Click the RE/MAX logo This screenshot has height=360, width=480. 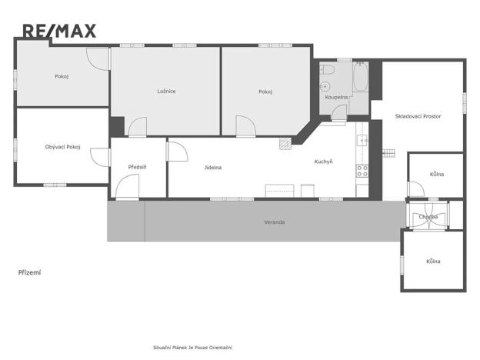(59, 31)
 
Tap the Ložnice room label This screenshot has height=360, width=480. (166, 92)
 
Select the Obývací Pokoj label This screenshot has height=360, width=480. (62, 147)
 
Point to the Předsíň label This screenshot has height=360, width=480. (137, 167)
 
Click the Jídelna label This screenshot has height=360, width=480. (213, 167)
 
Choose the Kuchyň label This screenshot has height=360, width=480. (323, 162)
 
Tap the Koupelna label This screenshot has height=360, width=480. (336, 98)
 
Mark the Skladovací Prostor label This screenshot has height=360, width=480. (418, 115)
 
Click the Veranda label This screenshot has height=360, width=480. (275, 222)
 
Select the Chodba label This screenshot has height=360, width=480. (428, 217)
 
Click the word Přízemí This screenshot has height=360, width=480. (29, 272)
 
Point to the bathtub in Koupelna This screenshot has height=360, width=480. (360, 79)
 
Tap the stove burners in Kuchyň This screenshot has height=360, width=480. (362, 171)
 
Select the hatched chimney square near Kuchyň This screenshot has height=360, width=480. (286, 142)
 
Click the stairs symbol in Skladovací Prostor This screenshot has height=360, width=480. (388, 152)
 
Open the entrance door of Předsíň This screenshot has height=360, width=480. (128, 188)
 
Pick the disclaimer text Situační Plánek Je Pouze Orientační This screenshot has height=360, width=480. (192, 348)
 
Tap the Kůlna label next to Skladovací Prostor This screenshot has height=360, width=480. (437, 175)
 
